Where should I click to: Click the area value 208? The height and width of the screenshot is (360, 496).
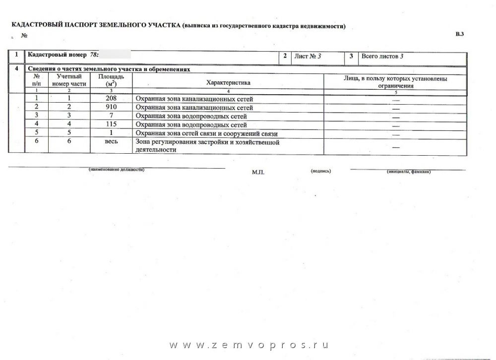[x=112, y=99]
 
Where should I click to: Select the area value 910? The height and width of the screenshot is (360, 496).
[x=112, y=108]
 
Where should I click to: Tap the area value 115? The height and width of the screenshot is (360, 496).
[x=112, y=125]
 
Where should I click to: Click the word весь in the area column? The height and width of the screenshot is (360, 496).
[x=112, y=142]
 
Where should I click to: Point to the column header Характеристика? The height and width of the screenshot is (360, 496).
[x=229, y=83]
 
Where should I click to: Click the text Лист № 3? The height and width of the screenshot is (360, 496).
[x=308, y=57]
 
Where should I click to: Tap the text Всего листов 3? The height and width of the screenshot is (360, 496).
[x=382, y=57]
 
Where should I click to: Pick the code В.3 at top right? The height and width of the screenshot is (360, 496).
[x=459, y=34]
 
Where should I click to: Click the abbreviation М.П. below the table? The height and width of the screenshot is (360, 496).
[x=258, y=172]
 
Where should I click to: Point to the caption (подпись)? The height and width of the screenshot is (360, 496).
[x=321, y=171]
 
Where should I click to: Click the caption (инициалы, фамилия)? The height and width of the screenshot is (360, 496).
[x=408, y=172]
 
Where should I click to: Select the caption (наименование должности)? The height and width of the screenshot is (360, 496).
[x=117, y=170]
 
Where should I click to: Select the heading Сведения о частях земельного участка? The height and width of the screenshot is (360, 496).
[x=109, y=69]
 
